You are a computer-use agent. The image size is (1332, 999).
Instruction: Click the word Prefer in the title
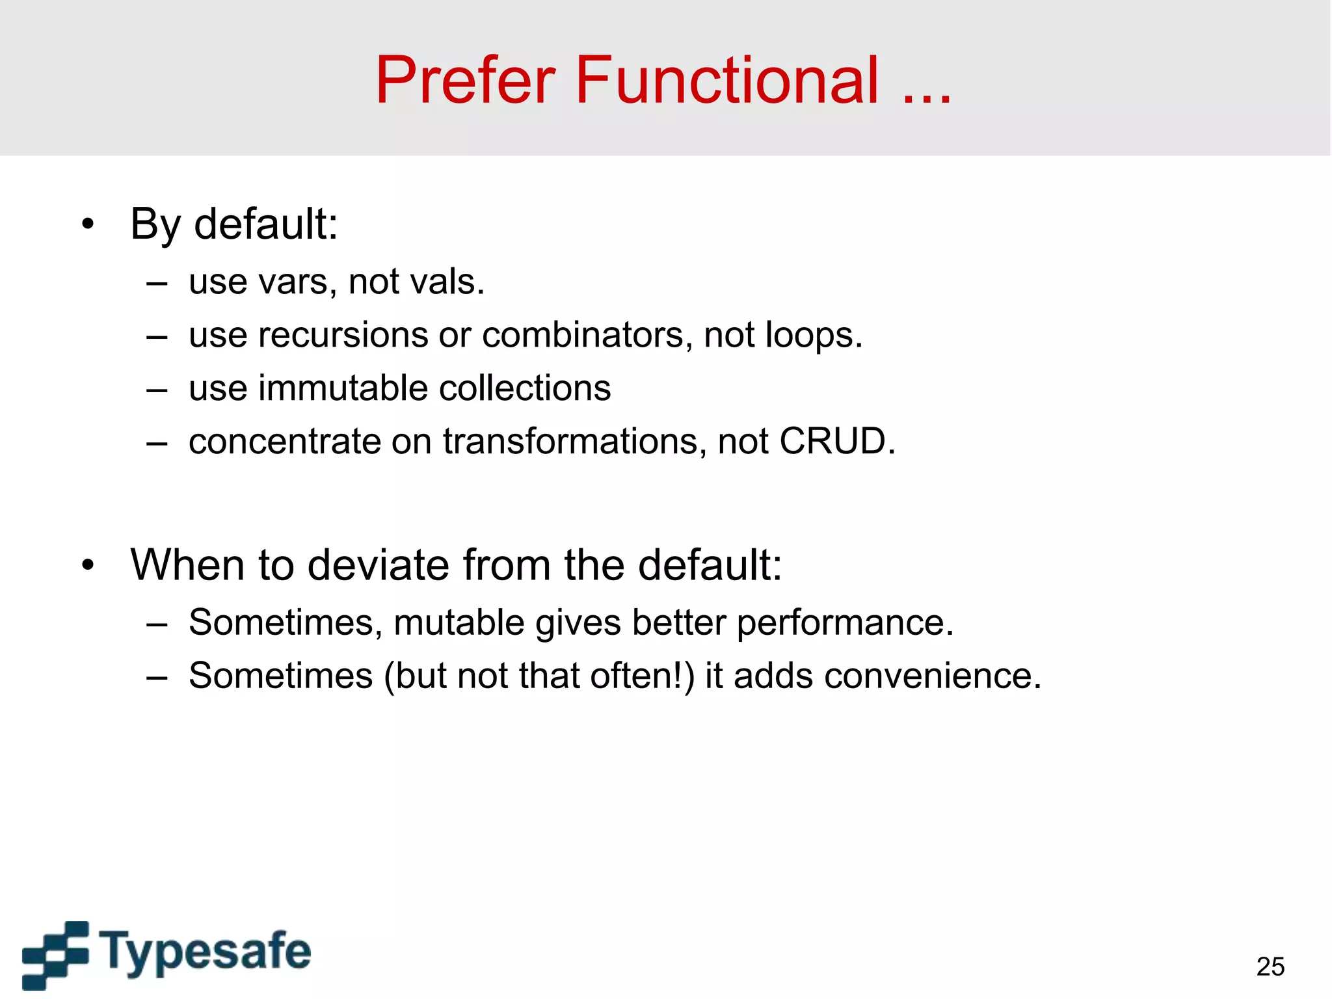click(466, 81)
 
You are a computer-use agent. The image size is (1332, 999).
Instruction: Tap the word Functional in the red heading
click(727, 81)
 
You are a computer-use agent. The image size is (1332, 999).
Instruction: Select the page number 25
click(1270, 966)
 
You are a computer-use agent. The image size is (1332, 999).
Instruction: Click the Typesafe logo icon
click(56, 954)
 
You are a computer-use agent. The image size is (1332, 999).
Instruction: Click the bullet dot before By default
click(88, 225)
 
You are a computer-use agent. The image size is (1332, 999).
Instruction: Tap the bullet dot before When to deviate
click(88, 565)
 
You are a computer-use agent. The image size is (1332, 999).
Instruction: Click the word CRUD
click(836, 442)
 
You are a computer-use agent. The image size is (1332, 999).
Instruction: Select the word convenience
click(932, 676)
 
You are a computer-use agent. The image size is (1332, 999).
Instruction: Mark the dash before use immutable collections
click(157, 390)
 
